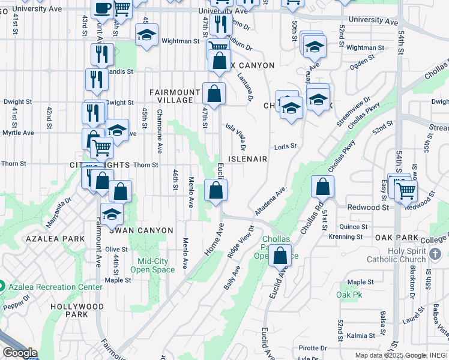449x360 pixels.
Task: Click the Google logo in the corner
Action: (x=20, y=353)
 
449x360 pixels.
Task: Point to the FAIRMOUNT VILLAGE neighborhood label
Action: (x=174, y=96)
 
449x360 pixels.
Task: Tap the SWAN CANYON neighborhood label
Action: (x=141, y=230)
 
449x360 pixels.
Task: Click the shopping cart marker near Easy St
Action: (x=407, y=190)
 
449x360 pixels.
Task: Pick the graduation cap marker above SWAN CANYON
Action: (x=112, y=213)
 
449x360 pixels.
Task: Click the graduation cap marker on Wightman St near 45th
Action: (x=146, y=35)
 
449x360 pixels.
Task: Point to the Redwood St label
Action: (x=369, y=207)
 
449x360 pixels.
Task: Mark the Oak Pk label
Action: (x=349, y=295)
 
